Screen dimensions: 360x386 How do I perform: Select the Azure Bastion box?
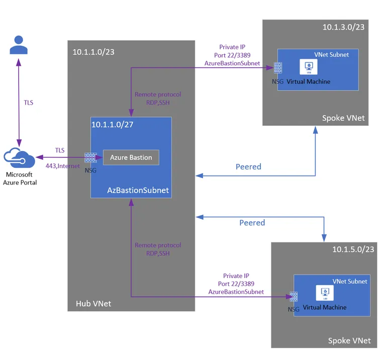131,157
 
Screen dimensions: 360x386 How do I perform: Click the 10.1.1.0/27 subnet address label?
112,124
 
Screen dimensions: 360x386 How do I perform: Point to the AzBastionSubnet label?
138,191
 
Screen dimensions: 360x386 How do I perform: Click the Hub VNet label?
93,303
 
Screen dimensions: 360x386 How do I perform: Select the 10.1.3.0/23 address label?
343,27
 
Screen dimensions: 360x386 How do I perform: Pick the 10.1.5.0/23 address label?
353,249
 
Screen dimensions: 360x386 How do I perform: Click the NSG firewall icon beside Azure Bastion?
90,157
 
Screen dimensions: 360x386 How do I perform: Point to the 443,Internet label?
66,166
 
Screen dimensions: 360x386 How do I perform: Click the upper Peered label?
248,166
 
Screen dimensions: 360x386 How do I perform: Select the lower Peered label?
252,222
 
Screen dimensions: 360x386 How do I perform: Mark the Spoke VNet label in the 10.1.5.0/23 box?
349,341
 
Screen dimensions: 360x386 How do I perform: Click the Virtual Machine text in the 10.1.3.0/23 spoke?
308,81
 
